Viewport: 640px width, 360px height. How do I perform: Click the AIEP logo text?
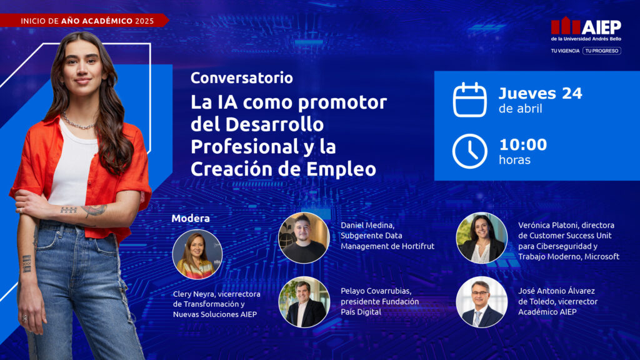(x=601, y=26)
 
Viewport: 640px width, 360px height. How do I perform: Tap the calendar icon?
(x=469, y=100)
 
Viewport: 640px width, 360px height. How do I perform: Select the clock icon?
(x=469, y=151)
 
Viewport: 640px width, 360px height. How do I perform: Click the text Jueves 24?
(x=540, y=93)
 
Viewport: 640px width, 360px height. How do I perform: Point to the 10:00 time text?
(x=522, y=145)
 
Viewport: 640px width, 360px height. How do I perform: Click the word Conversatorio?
(x=241, y=78)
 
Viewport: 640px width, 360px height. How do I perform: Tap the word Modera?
(x=190, y=218)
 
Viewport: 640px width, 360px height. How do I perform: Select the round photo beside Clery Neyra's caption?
(x=197, y=254)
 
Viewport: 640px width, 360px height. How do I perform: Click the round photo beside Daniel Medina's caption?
(x=304, y=237)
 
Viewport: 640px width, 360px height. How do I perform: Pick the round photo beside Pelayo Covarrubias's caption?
(x=304, y=302)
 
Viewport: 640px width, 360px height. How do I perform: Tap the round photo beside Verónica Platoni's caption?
(x=481, y=237)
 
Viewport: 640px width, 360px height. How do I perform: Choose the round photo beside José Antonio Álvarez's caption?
(x=481, y=302)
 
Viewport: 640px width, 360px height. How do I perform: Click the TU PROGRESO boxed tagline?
(x=602, y=51)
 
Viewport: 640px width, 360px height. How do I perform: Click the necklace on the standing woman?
(x=78, y=122)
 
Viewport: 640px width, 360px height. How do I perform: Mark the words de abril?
(x=520, y=109)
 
